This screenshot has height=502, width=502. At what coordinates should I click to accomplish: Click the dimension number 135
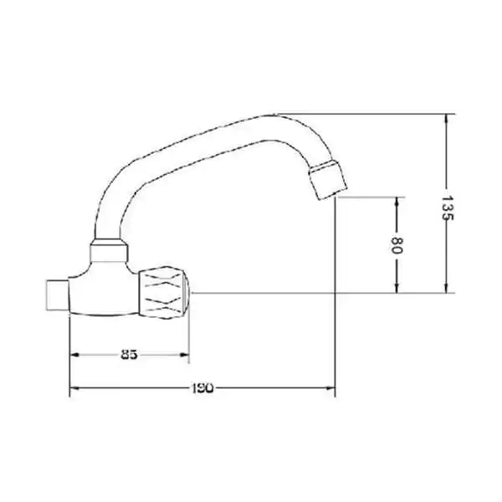(448, 207)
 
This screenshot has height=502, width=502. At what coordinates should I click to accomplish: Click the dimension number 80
(397, 245)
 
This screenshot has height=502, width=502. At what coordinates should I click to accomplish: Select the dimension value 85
(130, 355)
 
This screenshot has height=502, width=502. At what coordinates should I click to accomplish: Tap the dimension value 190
(202, 388)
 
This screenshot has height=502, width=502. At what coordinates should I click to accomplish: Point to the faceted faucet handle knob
(164, 293)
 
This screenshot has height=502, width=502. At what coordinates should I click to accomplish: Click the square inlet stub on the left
(58, 295)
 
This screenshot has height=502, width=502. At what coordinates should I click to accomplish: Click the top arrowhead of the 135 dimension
(447, 120)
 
